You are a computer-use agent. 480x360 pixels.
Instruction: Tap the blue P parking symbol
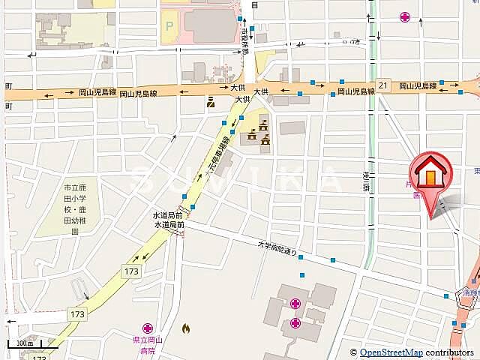(169, 25)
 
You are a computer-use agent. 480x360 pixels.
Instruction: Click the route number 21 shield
(383, 85)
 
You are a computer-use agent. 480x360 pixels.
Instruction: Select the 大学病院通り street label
(277, 247)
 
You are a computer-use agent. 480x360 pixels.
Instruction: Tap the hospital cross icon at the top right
(406, 16)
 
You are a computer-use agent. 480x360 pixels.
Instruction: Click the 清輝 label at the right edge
(470, 294)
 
